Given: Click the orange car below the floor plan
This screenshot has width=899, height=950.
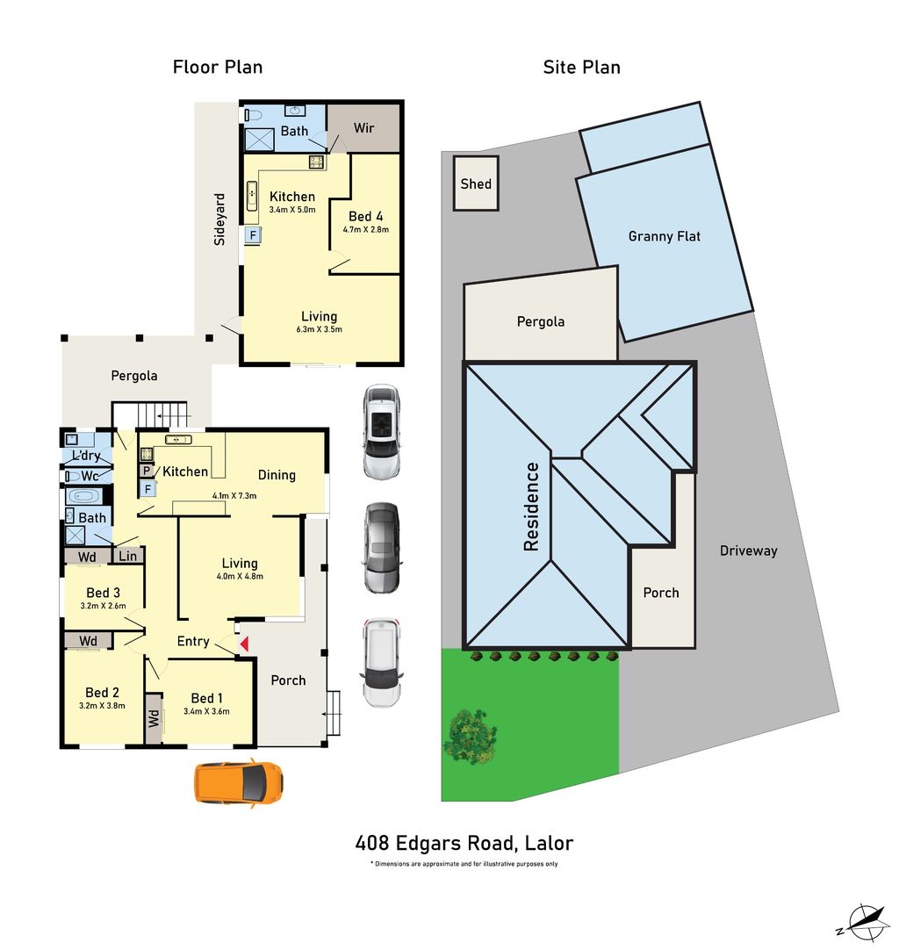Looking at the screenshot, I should pos(239,782).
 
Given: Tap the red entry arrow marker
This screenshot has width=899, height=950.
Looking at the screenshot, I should pos(245,644).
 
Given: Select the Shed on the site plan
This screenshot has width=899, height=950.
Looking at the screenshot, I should pos(476,184).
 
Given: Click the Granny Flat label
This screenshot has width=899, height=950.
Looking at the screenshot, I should pos(665,236).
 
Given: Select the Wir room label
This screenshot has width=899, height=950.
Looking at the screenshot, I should pos(363,128).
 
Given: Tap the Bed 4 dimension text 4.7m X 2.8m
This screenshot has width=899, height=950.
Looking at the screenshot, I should pos(365,230).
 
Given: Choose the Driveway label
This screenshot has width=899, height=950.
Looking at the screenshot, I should pos(748,551).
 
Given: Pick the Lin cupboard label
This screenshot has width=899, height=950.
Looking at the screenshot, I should pos(128,556).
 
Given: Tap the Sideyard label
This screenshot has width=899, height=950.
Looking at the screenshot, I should pos(220,219).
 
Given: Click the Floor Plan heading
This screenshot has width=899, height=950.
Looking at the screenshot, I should pos(217,67).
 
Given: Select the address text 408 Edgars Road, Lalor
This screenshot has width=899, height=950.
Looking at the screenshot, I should pos(464,844).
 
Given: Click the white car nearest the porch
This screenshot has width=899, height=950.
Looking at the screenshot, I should pos(382,664).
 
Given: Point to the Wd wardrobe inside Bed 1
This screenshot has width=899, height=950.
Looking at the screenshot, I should pos(154,719).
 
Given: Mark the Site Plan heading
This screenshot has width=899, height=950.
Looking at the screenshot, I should pos(581,67).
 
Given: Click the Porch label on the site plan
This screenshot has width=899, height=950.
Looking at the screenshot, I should pos(660,593).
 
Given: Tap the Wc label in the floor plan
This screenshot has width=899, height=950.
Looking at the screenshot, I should pos(90,476).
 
